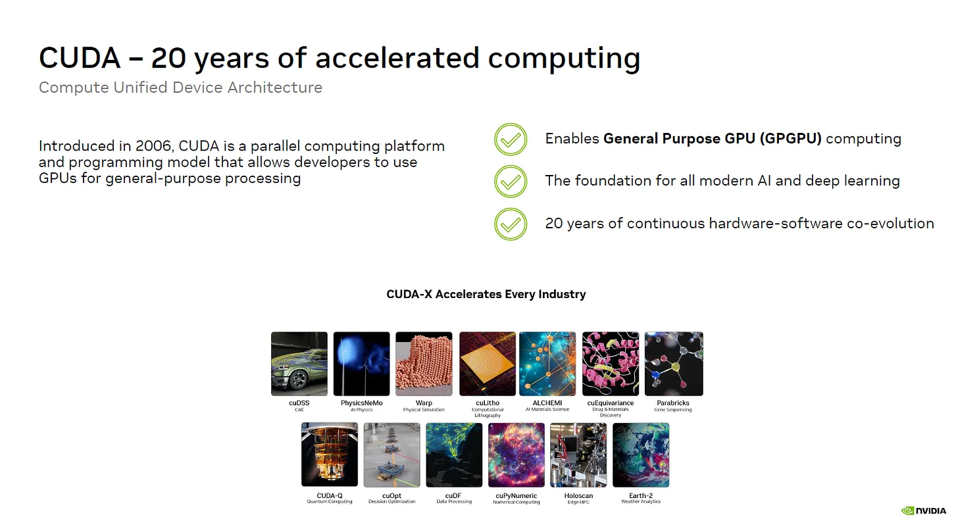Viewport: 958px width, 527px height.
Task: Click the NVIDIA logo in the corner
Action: click(x=923, y=511)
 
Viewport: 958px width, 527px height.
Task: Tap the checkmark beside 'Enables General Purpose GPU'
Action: click(x=511, y=139)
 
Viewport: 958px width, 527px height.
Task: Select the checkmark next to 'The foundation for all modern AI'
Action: click(x=511, y=182)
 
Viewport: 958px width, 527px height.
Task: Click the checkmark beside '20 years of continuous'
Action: click(x=511, y=224)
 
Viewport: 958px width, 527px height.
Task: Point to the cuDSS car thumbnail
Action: click(x=299, y=364)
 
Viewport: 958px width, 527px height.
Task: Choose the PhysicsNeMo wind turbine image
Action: click(x=362, y=364)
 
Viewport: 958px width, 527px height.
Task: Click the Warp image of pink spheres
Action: click(x=424, y=364)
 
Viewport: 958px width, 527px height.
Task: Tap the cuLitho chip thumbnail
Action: click(x=488, y=364)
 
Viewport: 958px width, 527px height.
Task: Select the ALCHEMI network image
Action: click(x=547, y=364)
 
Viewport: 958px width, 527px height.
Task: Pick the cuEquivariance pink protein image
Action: click(x=611, y=364)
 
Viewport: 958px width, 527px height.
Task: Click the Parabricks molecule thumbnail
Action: click(x=674, y=364)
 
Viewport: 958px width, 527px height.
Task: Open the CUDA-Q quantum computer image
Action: click(x=330, y=455)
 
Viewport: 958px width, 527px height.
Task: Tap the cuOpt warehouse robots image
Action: click(x=391, y=455)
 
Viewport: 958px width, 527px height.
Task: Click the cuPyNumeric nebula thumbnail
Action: click(x=517, y=455)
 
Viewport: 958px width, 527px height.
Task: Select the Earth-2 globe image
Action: click(x=641, y=455)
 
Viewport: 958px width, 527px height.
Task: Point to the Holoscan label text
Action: click(x=578, y=496)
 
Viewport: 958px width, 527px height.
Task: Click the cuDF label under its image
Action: click(x=453, y=496)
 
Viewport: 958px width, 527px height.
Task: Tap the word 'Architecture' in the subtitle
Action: click(x=275, y=88)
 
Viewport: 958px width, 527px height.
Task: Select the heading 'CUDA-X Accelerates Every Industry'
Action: click(x=486, y=294)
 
